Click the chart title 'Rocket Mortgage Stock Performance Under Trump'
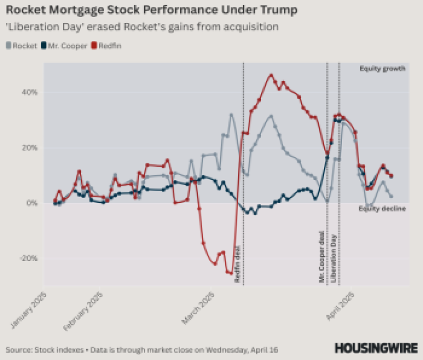click(x=151, y=10)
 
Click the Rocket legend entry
click(x=22, y=46)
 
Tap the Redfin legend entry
click(x=107, y=46)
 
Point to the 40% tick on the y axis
click(x=30, y=92)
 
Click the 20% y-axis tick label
click(x=30, y=148)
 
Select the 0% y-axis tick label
click(x=32, y=203)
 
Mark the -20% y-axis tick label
click(x=29, y=258)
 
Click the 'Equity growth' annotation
click(x=383, y=69)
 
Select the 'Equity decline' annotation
click(x=383, y=209)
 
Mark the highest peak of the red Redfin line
click(x=271, y=76)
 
